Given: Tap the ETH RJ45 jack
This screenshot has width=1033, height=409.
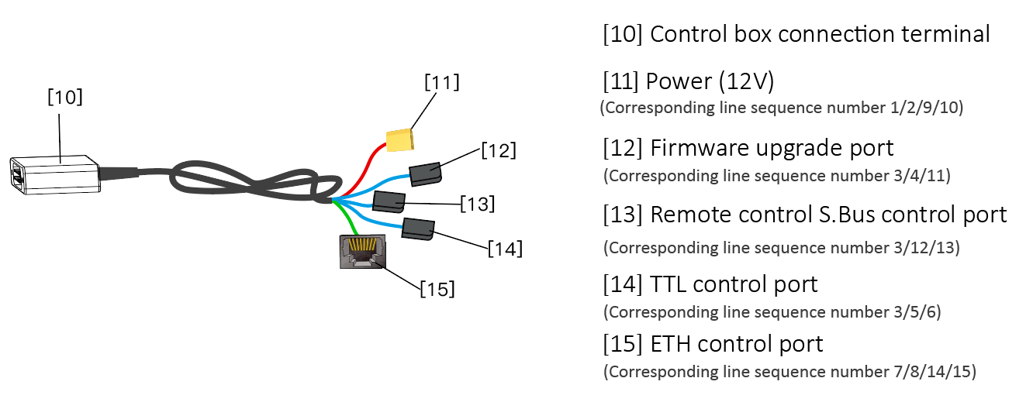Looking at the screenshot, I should coord(361,252).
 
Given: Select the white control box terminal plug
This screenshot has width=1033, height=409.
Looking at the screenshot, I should coord(54,174).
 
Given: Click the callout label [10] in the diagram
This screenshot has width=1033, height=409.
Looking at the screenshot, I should coord(65,98).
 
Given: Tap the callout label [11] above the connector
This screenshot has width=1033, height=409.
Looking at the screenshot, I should coord(441,81).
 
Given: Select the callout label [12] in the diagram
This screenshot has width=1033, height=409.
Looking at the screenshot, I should coord(498,149).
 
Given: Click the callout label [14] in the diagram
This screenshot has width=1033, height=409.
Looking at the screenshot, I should coord(505,249).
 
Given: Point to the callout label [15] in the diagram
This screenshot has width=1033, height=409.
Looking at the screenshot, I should coord(437,290).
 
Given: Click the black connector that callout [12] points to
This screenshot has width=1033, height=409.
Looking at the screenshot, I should coord(425,174).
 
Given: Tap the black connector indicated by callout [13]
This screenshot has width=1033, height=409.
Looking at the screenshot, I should coord(389,202).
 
